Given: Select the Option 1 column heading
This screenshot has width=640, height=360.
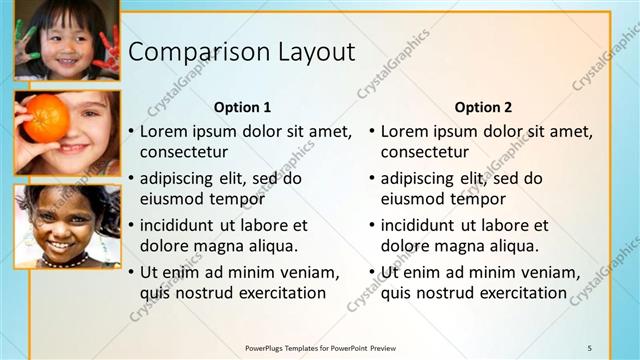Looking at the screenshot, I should tap(242, 107).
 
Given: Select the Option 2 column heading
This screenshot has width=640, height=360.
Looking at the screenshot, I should tap(483, 107).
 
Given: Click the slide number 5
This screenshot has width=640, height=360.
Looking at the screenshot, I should tap(589, 346).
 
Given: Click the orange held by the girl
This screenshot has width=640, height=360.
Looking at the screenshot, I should tap(45, 119).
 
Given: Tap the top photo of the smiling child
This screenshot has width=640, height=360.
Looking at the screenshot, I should tap(66, 40).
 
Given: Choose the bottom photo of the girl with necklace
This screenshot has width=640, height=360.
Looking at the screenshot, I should tap(66, 226).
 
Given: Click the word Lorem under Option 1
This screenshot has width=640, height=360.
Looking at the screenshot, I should tap(164, 131).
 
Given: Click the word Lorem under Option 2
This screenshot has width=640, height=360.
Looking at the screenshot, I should tap(405, 131).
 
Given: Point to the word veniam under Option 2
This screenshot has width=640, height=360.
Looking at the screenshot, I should tap(553, 272).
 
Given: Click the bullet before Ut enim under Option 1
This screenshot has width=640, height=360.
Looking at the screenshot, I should tap(131, 273).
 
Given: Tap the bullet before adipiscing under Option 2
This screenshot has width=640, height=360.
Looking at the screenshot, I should tap(372, 179).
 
